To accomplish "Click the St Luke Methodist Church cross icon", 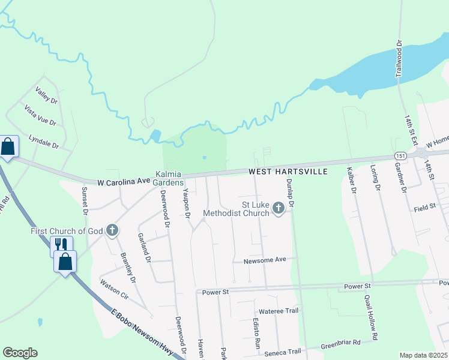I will (x=278, y=208).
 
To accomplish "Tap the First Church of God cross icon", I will (x=112, y=230).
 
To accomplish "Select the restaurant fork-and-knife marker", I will (x=61, y=245).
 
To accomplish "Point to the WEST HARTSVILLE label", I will (x=288, y=172).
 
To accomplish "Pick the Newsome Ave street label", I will (x=265, y=261).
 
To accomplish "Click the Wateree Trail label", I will (x=278, y=311).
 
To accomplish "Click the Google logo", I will (x=20, y=353).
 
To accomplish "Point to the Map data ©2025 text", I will (x=424, y=355).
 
